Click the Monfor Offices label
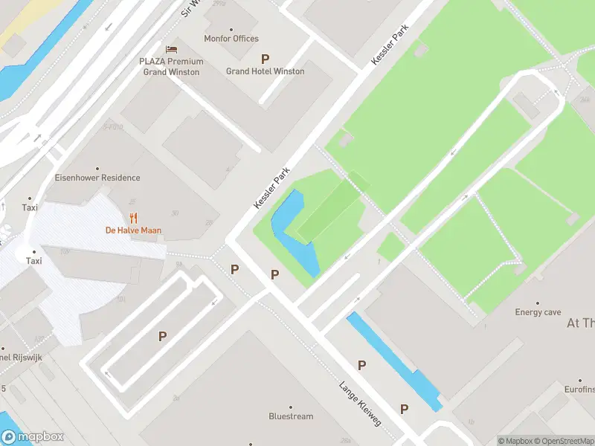click(231, 39)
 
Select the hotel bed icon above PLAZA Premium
click(171, 49)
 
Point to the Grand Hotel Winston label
click(265, 71)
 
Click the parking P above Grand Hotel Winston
click(265, 58)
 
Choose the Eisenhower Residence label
click(97, 178)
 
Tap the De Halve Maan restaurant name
click(133, 230)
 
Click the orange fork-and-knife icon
click(133, 218)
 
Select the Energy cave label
click(538, 312)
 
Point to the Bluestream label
click(291, 416)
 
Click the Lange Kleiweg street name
click(360, 404)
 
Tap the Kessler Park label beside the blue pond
click(271, 187)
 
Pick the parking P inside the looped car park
click(162, 337)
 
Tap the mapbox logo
click(33, 437)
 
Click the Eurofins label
click(579, 389)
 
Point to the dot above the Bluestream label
click(291, 407)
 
